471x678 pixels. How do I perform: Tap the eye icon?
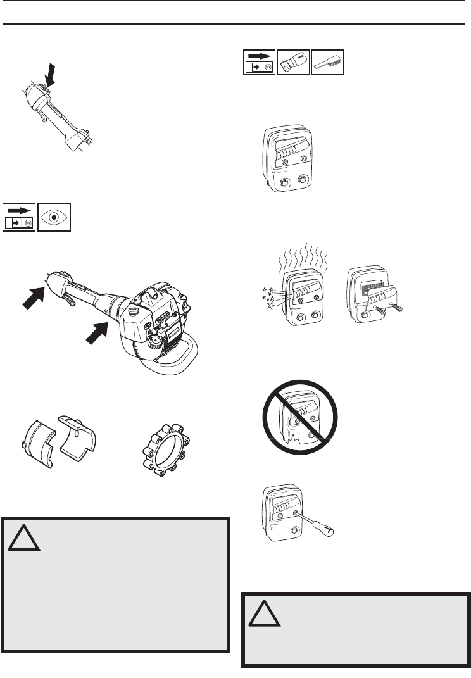pyautogui.click(x=54, y=217)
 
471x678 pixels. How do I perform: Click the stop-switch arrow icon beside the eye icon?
pyautogui.click(x=19, y=217)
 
